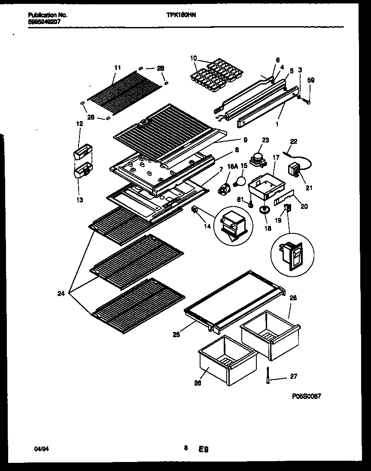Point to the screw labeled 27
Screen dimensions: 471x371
pyautogui.click(x=268, y=376)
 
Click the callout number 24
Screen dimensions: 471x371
pyautogui.click(x=61, y=294)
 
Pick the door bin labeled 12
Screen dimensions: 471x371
pyautogui.click(x=82, y=151)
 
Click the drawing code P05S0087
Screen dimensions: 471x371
pyautogui.click(x=306, y=396)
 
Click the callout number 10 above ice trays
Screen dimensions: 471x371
pyautogui.click(x=193, y=58)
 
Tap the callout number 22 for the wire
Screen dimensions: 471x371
pyautogui.click(x=293, y=141)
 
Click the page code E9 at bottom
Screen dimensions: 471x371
pyautogui.click(x=203, y=450)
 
